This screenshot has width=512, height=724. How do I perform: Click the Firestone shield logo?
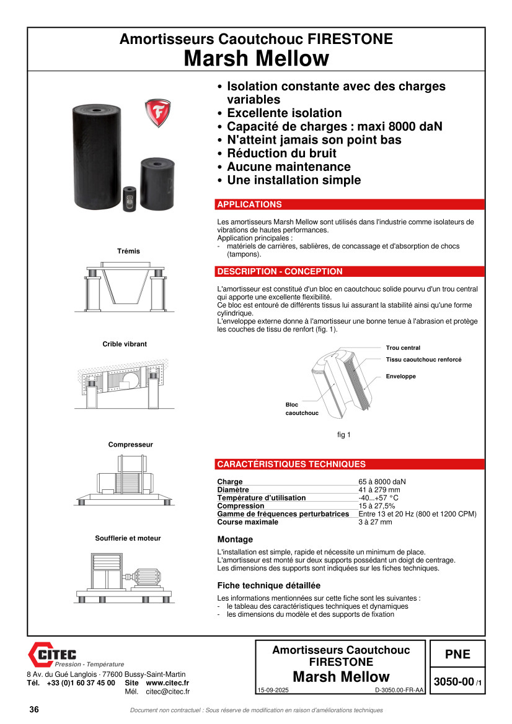[157, 113]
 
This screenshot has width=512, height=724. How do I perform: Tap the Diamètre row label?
[233, 490]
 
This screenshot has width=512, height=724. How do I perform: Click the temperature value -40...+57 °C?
[378, 498]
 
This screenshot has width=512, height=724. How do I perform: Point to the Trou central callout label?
[403, 348]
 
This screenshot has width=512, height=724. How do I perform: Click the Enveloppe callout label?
[400, 377]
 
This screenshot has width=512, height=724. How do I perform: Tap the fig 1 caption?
[343, 435]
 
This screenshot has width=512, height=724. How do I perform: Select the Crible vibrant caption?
[125, 344]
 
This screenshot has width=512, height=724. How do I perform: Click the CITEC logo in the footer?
[53, 654]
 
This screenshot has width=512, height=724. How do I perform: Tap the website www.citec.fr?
[167, 683]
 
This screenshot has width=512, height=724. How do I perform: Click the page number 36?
[34, 710]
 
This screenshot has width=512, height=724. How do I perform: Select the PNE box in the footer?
[457, 655]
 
